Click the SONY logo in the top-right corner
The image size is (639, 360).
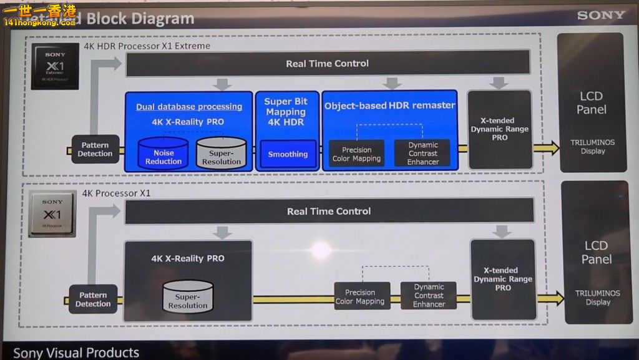(x=600, y=15)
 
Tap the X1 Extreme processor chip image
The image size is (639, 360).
(x=55, y=66)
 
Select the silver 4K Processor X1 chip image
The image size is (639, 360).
(x=53, y=214)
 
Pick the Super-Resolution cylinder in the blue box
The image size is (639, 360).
(x=221, y=153)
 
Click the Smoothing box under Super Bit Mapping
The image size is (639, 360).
(x=288, y=154)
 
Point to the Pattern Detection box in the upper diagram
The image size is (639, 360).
(x=95, y=150)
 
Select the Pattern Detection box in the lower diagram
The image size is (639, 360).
(x=93, y=299)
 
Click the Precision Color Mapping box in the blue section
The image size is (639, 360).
(x=356, y=154)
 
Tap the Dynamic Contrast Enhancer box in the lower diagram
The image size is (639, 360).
(x=429, y=296)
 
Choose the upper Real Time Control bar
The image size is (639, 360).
(x=328, y=64)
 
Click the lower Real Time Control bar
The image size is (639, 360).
(x=329, y=212)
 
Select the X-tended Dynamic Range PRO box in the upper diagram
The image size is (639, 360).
(x=499, y=129)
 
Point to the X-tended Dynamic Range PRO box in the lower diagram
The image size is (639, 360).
(x=502, y=279)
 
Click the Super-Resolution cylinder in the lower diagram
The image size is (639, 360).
(x=187, y=298)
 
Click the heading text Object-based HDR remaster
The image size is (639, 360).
(x=389, y=106)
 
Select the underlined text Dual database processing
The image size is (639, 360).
(x=188, y=107)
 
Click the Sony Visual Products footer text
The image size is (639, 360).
(x=76, y=353)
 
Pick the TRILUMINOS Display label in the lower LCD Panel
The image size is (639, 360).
(x=597, y=298)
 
